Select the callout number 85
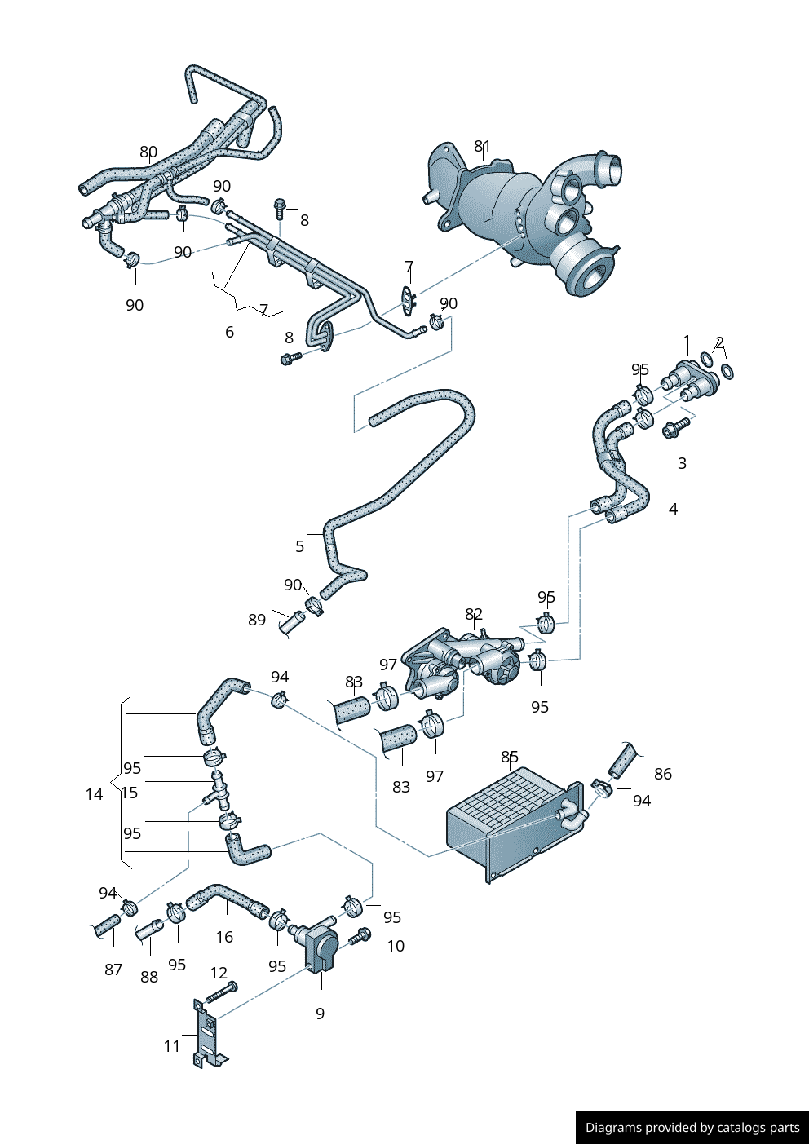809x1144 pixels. pos(510,757)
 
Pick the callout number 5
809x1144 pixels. pos(300,546)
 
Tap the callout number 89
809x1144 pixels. pos(257,620)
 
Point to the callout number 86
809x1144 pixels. pos(663,774)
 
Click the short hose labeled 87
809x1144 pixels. pos(105,926)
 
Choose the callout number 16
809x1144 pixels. pos(224,937)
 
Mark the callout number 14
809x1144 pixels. pos(95,794)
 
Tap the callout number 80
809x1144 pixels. pos(148,152)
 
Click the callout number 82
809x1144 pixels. pos(474,614)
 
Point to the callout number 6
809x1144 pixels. pos(229,332)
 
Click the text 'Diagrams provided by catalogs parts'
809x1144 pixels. pos(692,1128)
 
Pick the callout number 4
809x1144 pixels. pos(673,509)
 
